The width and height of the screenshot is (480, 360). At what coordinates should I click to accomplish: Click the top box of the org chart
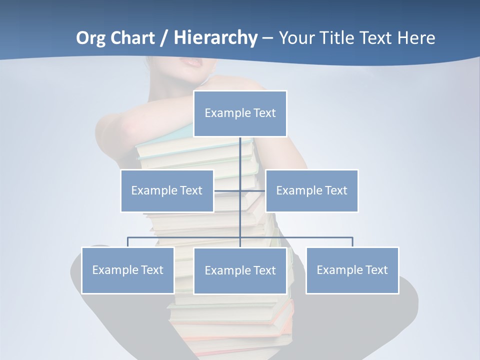[240, 113]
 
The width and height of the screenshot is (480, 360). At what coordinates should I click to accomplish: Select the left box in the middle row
[167, 190]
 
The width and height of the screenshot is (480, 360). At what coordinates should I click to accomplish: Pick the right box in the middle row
[311, 190]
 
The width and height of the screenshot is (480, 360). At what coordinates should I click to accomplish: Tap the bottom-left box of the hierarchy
[127, 270]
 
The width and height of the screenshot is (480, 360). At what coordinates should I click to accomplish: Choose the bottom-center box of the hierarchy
[240, 270]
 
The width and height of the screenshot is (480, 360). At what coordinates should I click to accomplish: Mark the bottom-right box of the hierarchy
[352, 270]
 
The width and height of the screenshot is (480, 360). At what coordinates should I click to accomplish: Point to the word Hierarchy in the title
[215, 38]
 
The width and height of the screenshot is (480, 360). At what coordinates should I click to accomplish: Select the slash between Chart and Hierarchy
[164, 38]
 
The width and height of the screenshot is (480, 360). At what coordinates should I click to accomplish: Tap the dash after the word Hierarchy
[267, 38]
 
